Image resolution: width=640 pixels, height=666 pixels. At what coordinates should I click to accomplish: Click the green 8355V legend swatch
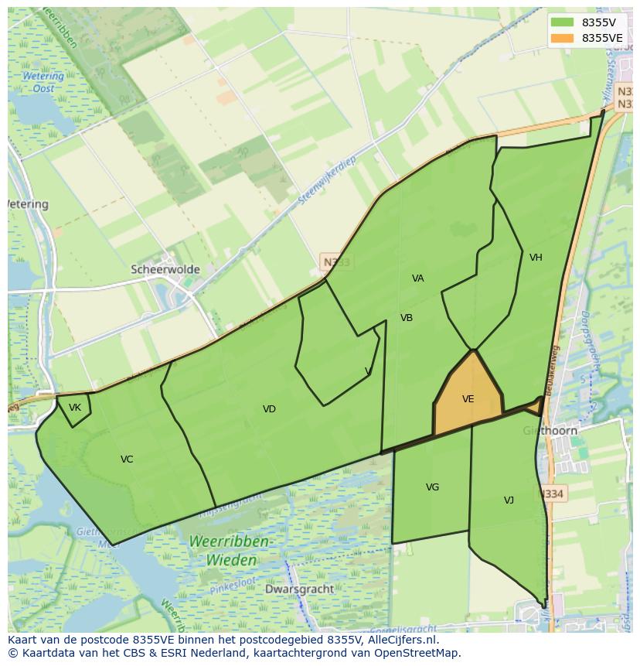tap(563, 22)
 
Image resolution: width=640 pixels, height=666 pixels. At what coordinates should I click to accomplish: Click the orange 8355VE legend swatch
tap(563, 38)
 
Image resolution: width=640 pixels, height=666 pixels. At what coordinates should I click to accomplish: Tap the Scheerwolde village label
tap(165, 270)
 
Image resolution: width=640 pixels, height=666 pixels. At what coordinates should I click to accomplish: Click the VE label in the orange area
tap(468, 399)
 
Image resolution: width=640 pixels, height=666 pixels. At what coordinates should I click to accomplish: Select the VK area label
tap(75, 408)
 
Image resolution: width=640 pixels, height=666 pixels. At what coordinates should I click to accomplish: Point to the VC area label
tap(127, 459)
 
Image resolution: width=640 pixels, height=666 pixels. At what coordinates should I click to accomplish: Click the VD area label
tap(269, 409)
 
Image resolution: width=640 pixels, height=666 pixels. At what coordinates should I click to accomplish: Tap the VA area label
tap(418, 278)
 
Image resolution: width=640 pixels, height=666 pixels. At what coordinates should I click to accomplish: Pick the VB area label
tap(407, 318)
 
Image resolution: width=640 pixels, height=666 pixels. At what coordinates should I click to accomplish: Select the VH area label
tap(536, 258)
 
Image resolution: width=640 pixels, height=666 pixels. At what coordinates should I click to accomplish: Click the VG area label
tap(432, 487)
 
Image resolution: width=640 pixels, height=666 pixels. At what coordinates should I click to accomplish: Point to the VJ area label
tap(509, 500)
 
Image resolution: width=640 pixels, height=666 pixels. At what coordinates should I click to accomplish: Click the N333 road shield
tap(336, 262)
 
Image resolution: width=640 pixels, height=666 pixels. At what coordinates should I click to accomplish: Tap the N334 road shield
tap(552, 494)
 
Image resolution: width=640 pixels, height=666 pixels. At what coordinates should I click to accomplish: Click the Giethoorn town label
tap(550, 431)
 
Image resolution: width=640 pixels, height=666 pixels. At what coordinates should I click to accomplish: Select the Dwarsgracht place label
tap(299, 589)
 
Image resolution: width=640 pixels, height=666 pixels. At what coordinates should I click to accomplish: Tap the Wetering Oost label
tap(43, 82)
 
